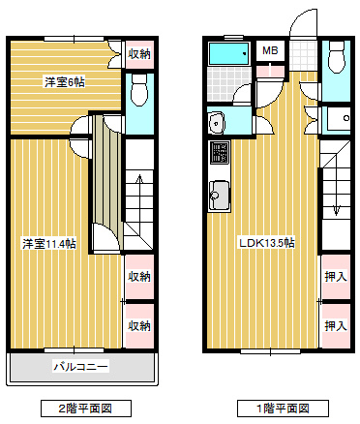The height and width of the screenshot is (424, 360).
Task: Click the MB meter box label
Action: click(270, 50)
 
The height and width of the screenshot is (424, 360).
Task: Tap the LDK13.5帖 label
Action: click(267, 243)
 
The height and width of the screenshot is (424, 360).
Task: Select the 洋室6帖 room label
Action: click(65, 82)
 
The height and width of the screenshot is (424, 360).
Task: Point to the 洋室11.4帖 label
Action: click(49, 244)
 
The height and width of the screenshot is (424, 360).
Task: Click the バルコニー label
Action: click(80, 367)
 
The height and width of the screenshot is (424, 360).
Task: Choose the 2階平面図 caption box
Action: click(86, 409)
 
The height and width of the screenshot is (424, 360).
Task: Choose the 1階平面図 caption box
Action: click(283, 409)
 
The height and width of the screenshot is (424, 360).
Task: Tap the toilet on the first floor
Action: click(337, 57)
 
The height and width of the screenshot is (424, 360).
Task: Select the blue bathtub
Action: click(229, 53)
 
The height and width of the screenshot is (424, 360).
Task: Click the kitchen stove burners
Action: click(220, 153)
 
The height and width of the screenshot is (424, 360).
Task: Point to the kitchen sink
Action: click(220, 195)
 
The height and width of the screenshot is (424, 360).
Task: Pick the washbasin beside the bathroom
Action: click(217, 123)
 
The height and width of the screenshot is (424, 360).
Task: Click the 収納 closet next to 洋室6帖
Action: click(139, 54)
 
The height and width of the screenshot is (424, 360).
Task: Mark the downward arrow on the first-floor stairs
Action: click(336, 192)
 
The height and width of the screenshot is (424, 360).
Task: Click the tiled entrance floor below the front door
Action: click(303, 55)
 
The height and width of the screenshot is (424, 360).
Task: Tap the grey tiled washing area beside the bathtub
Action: click(228, 84)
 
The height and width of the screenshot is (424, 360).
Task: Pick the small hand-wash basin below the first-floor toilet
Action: click(339, 118)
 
